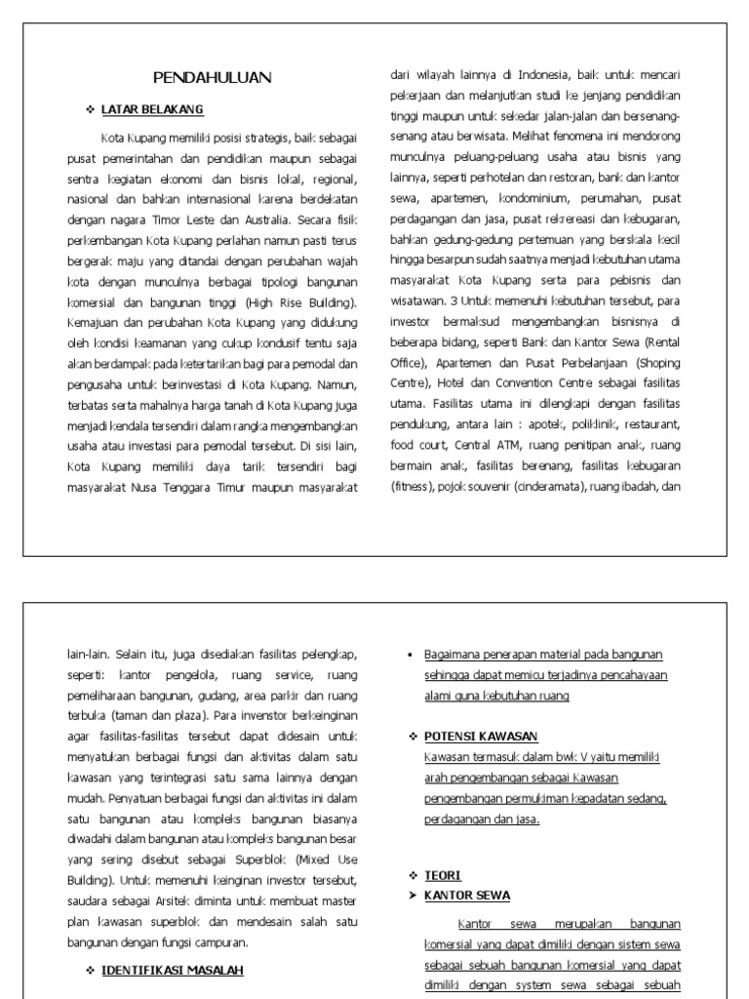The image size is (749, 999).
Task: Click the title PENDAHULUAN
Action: pyautogui.click(x=213, y=78)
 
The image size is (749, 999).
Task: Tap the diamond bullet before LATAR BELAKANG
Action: pyautogui.click(x=90, y=109)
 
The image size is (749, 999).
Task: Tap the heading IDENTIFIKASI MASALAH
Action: pyautogui.click(x=172, y=970)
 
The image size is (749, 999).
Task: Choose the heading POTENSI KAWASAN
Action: pyautogui.click(x=481, y=737)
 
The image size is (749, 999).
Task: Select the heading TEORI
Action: pyautogui.click(x=442, y=875)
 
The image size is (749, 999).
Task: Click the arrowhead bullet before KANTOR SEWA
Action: pyautogui.click(x=413, y=895)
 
